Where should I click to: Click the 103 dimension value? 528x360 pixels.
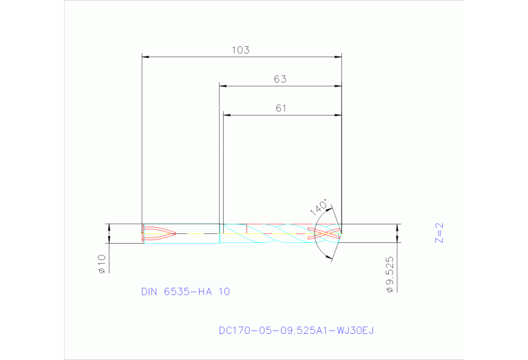coord(240,50)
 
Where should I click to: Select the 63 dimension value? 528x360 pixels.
coord(279,79)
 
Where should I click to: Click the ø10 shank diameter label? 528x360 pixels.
coord(101,264)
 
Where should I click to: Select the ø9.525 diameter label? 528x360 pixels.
coord(390,273)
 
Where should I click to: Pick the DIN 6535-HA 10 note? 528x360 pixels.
coord(185,292)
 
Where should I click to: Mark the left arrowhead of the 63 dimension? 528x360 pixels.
coord(222,86)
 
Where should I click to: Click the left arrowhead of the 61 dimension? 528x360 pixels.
coord(226,115)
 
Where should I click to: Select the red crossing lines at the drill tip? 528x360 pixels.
coord(325,233)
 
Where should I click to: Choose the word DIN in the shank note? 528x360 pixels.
coord(149,292)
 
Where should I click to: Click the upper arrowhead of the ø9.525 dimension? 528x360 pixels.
coord(397,227)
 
